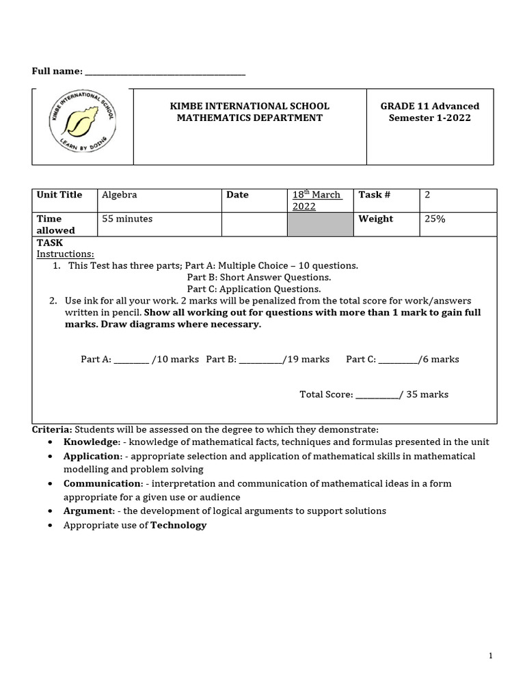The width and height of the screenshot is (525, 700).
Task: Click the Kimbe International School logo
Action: pyautogui.click(x=82, y=126)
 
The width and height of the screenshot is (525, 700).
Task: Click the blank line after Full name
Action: pyautogui.click(x=164, y=72)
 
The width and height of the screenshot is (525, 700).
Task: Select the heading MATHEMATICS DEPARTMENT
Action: pyautogui.click(x=250, y=118)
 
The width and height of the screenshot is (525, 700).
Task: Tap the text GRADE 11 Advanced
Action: pyautogui.click(x=429, y=106)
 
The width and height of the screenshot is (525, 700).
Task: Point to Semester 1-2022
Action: pyautogui.click(x=429, y=118)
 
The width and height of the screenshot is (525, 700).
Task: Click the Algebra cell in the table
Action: pyautogui.click(x=120, y=195)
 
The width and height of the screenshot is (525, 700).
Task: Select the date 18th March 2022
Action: pyautogui.click(x=317, y=200)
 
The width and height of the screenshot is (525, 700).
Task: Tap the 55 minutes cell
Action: pyautogui.click(x=127, y=219)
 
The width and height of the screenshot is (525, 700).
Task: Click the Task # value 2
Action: pyautogui.click(x=427, y=195)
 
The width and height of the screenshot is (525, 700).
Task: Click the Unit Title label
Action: pyautogui.click(x=59, y=195)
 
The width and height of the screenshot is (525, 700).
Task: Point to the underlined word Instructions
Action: pyautogui.click(x=66, y=254)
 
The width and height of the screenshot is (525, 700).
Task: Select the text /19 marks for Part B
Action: pyautogui.click(x=306, y=360)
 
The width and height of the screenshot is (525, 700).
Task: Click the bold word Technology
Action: pyautogui.click(x=178, y=525)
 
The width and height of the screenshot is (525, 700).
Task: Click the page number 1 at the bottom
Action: pyautogui.click(x=490, y=656)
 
